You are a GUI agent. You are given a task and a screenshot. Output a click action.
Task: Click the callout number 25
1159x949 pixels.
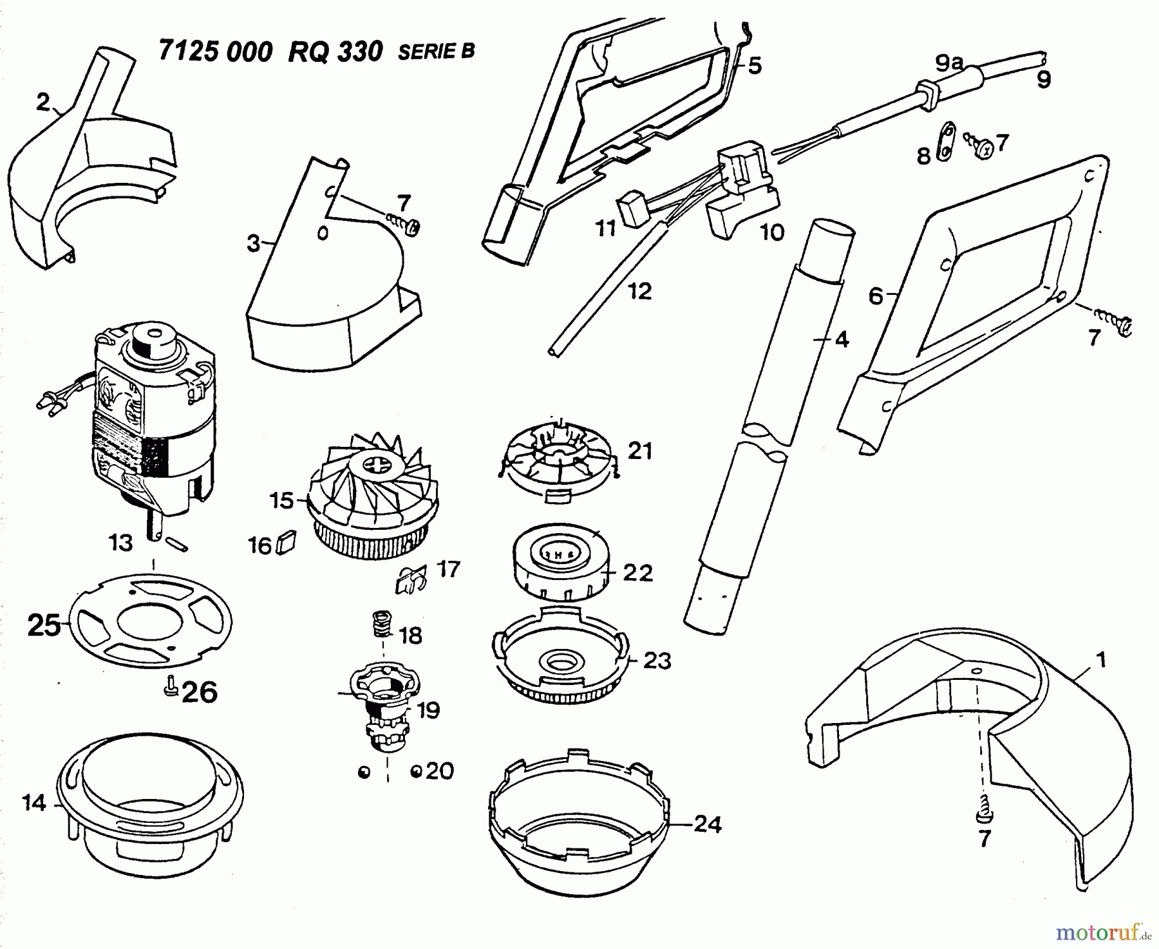[44, 625]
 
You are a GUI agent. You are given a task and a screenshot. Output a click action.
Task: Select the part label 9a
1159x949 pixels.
[949, 63]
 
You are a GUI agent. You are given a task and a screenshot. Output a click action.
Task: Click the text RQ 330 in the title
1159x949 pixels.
[335, 52]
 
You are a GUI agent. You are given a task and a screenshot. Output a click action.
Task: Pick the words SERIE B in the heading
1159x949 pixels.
[436, 52]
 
